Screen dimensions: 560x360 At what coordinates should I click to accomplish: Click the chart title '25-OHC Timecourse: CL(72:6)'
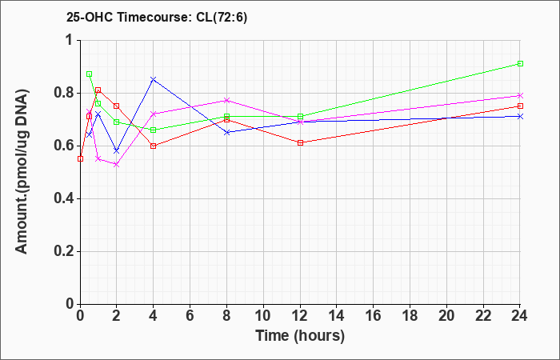(157, 18)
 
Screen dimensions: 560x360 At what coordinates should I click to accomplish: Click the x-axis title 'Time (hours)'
(300, 336)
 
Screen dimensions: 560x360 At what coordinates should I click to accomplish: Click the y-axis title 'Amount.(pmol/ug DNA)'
(22, 172)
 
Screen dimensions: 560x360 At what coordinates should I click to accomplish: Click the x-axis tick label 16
(374, 316)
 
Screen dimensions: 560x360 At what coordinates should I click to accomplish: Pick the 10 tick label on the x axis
(263, 316)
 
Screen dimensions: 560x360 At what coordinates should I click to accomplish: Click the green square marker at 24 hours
(520, 63)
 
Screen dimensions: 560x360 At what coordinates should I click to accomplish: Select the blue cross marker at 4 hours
(154, 79)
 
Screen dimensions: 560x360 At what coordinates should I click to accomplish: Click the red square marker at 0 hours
(80, 158)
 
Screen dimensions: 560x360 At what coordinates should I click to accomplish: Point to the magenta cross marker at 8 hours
(226, 100)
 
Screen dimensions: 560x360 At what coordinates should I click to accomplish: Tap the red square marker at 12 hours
(300, 143)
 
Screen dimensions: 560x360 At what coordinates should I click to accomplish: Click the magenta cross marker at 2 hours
(117, 164)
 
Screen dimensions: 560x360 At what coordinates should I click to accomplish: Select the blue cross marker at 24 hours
(520, 117)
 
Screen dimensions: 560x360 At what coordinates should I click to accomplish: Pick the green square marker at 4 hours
(154, 130)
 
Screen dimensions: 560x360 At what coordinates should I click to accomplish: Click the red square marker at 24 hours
(520, 106)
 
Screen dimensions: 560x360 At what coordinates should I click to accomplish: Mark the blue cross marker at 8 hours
(226, 132)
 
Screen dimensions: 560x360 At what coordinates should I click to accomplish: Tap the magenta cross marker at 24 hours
(520, 95)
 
